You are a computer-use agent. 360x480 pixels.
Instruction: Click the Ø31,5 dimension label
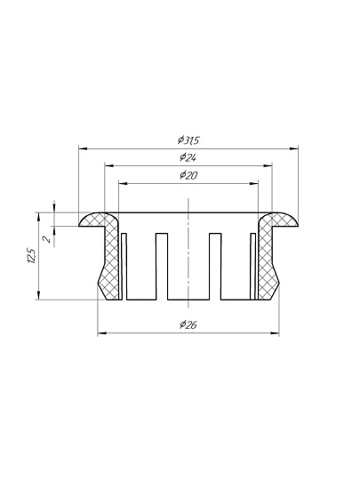coord(188,140)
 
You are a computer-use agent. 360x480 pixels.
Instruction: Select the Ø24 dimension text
coord(188,157)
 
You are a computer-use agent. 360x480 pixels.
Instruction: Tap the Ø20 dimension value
coord(188,175)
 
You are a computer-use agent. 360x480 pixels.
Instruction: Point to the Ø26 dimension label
coord(188,324)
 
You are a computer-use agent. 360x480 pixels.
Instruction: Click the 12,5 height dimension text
coord(31,256)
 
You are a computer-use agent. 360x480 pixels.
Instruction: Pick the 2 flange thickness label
coord(47,239)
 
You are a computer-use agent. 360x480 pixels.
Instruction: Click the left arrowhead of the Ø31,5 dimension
coord(84,148)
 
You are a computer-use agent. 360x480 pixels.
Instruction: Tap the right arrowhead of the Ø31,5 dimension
coord(294,148)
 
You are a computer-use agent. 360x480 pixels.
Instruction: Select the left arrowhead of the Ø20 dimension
coord(123,184)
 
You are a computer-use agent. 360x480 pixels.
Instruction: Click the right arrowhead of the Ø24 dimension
coord(268,166)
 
